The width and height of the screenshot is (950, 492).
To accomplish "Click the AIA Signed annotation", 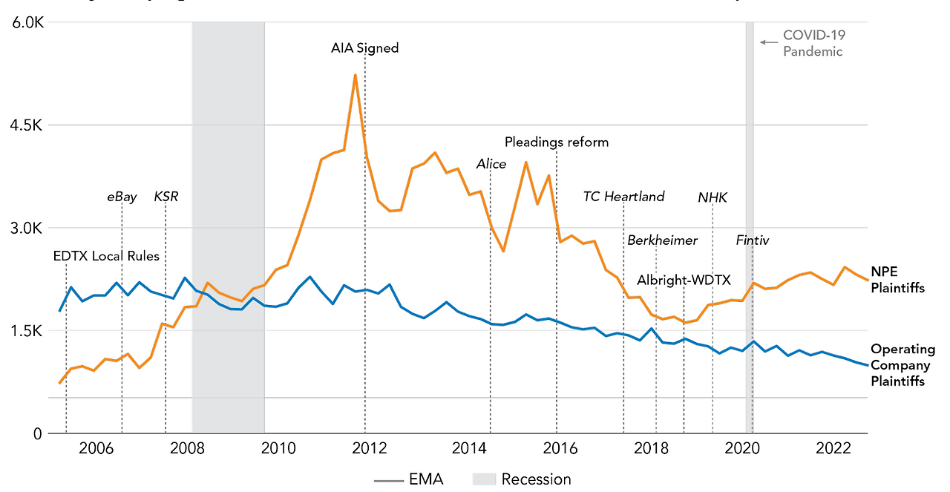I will click(x=364, y=48).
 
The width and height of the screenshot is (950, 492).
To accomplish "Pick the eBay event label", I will click(x=122, y=197).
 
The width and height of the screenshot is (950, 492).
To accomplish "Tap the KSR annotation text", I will click(x=166, y=197).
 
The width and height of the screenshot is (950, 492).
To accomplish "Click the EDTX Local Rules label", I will click(x=106, y=256).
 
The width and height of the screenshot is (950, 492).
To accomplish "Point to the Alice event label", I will click(x=491, y=164).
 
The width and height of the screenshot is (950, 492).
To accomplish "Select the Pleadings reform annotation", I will click(x=556, y=142).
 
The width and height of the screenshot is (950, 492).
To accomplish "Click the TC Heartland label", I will click(x=623, y=197).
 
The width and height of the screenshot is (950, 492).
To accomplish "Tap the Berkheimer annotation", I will click(x=662, y=240).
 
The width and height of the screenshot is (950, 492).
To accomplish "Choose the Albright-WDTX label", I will click(x=684, y=280).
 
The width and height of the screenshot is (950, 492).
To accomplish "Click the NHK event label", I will click(x=712, y=197).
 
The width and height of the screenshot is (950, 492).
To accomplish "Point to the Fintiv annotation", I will click(x=752, y=240).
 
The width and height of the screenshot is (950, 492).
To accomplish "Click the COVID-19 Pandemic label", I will click(x=813, y=43).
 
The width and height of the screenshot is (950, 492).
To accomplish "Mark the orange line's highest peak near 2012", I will click(x=356, y=75).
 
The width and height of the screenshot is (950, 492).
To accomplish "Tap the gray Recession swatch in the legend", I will click(x=483, y=479).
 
